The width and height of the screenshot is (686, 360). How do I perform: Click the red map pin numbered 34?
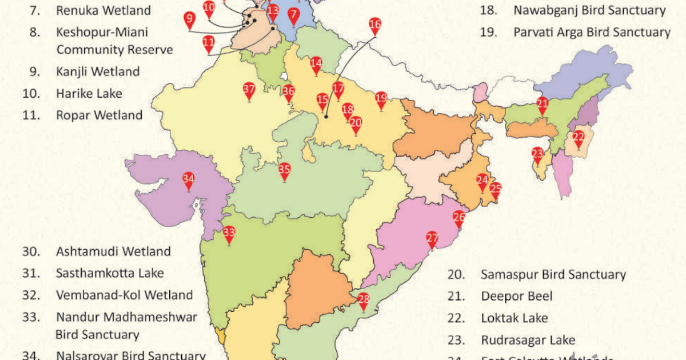189,180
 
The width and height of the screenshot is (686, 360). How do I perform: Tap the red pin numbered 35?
284,170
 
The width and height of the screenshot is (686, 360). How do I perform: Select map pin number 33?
229,233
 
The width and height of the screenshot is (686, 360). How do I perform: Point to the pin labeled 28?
364,299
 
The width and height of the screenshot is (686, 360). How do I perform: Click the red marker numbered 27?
432,239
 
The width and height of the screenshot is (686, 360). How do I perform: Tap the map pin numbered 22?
579,137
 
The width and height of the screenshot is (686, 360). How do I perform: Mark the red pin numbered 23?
537,154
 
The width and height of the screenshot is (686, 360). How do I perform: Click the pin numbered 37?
249,90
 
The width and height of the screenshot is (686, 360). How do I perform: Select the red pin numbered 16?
375,25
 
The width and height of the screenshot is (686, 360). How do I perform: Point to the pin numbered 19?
381,98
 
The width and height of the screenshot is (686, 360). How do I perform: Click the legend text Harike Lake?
89,93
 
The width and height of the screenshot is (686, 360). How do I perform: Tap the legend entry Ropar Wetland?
99,115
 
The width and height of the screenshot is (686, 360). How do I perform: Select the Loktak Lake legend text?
514,318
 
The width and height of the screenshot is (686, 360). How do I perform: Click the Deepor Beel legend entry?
517,297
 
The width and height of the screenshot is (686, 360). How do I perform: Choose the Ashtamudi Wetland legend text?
113,251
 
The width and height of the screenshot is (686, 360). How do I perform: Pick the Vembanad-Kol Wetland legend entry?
124,295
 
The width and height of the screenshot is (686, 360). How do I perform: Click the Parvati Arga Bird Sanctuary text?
592,32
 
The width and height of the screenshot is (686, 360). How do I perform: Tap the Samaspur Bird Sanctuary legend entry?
553,275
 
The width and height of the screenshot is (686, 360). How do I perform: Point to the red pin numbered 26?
459,218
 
